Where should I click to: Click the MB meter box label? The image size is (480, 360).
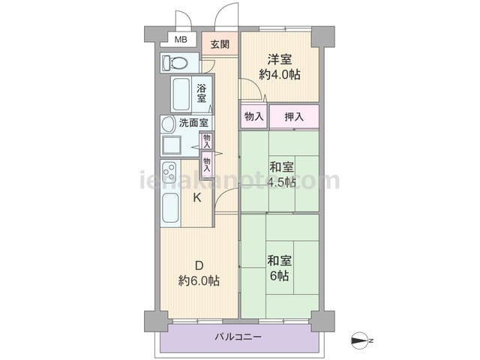[x=181, y=40]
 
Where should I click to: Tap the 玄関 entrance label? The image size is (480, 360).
[x=220, y=44]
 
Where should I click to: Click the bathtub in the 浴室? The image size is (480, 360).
[x=181, y=94]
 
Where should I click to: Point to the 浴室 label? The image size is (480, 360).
[x=202, y=93]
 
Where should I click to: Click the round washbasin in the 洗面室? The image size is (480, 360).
[x=169, y=124]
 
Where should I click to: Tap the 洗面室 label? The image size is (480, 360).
[x=193, y=123]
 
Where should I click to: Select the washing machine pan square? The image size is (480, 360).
[x=172, y=145]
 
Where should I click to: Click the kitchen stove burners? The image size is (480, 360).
[x=169, y=172]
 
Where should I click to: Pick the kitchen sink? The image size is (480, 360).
[x=170, y=208]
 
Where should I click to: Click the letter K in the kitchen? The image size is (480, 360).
[x=196, y=198]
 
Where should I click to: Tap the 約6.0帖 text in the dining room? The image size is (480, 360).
[x=199, y=280]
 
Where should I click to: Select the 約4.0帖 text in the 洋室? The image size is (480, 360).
[x=280, y=74]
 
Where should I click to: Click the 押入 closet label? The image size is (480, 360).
[x=294, y=117]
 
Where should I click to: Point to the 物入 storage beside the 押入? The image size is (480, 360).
[x=254, y=117]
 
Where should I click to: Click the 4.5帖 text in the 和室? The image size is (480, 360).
[x=281, y=182]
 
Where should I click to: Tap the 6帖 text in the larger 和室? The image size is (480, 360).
[x=279, y=276]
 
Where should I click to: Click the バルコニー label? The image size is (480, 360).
[x=238, y=337]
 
